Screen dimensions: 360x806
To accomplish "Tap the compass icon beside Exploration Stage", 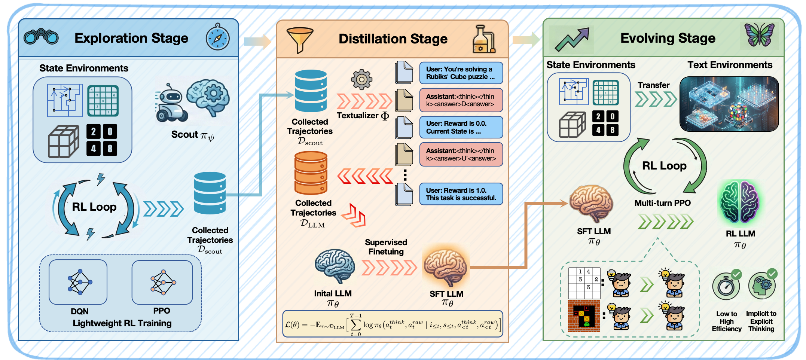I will (x=218, y=38).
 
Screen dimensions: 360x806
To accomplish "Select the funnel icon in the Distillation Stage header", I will (x=299, y=40).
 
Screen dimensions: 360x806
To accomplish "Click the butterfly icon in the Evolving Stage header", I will (x=759, y=35).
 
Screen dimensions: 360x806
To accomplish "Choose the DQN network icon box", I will (x=78, y=282).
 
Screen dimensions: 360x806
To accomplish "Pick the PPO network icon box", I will (x=162, y=282).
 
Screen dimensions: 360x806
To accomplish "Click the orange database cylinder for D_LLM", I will (x=311, y=173).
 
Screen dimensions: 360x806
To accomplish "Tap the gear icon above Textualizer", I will (x=361, y=79).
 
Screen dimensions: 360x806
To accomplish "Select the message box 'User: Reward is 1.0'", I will (x=461, y=194).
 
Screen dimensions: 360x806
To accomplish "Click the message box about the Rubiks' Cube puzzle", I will (x=461, y=73).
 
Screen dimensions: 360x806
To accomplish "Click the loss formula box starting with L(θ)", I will (x=393, y=324).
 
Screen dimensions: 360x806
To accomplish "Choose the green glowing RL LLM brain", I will (x=740, y=202).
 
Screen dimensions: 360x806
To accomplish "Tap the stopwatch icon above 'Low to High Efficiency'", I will (x=726, y=286).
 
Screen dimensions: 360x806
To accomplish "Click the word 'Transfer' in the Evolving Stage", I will (x=653, y=85).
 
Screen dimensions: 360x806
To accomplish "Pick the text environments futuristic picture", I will (x=729, y=104).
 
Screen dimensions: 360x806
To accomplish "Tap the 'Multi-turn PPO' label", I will (x=662, y=203).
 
